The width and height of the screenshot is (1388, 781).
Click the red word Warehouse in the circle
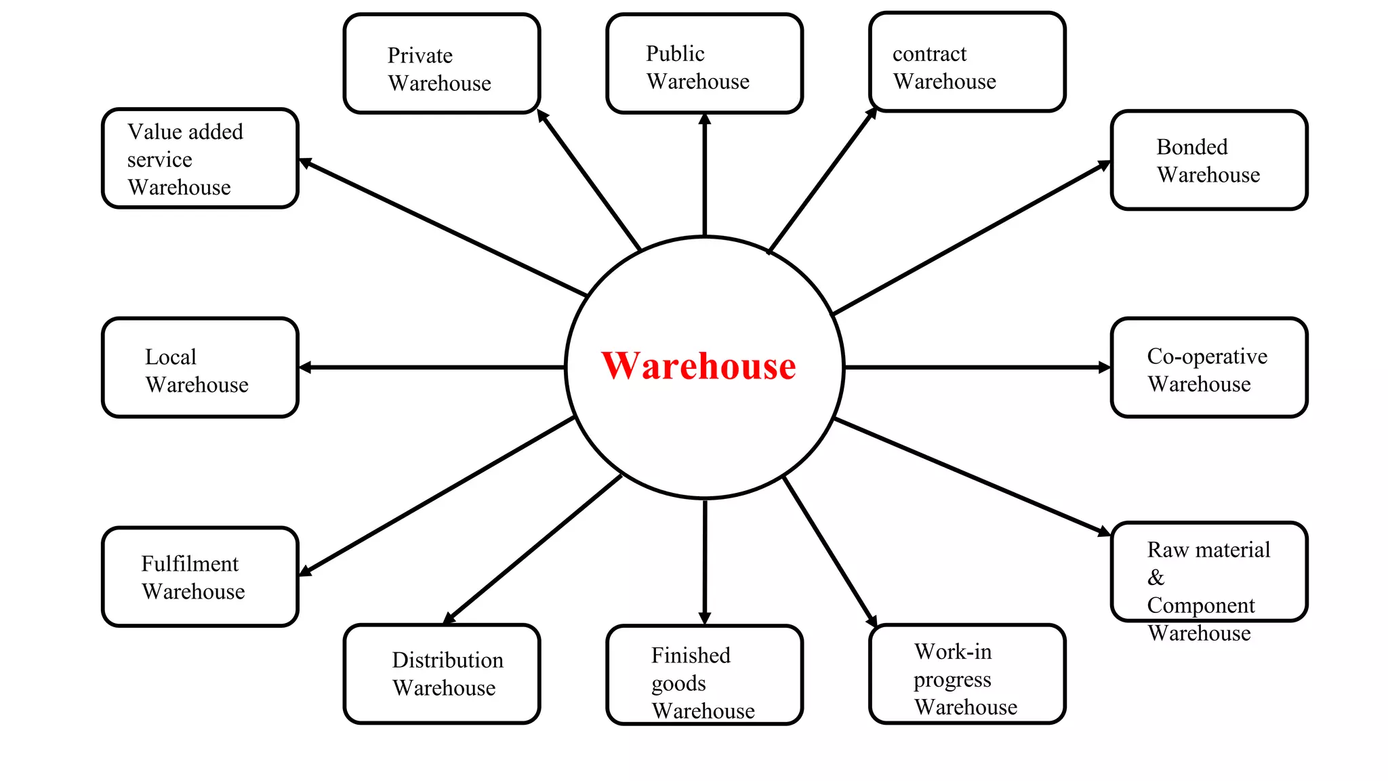click(698, 366)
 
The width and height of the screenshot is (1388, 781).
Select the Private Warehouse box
click(442, 64)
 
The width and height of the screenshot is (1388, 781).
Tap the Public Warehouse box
click(704, 64)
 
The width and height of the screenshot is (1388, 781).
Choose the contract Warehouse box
click(967, 62)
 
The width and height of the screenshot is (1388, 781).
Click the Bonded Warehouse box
click(1209, 161)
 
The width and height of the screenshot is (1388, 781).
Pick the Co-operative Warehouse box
click(1209, 367)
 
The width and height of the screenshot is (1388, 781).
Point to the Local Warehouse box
click(200, 367)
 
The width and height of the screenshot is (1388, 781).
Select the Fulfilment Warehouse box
click(200, 576)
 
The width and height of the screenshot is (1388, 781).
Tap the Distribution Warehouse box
click(442, 674)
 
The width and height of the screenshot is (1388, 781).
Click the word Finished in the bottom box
click(691, 656)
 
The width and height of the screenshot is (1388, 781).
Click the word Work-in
click(952, 652)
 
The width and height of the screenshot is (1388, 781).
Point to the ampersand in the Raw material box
click(1156, 578)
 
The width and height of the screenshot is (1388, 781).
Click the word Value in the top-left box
click(148, 132)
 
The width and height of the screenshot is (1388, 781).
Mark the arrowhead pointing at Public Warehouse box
click(705, 119)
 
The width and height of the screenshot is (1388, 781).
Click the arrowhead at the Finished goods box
click(705, 618)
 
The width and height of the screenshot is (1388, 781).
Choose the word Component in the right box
click(1200, 605)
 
